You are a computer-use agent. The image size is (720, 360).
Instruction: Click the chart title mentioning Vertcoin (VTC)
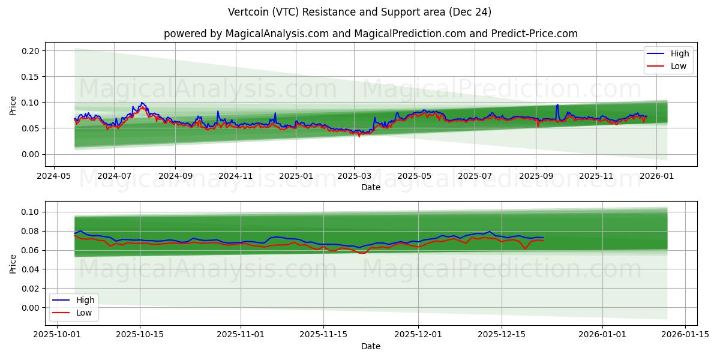360,12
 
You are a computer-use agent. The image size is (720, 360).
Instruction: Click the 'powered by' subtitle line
371,34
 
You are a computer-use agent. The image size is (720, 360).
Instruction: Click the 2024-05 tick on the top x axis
55,177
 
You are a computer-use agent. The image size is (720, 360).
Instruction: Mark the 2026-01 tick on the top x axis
656,177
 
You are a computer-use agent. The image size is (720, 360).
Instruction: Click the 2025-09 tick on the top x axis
536,177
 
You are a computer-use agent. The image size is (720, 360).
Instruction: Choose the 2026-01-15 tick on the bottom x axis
684,333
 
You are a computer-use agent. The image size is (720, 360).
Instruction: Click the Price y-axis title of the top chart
13,106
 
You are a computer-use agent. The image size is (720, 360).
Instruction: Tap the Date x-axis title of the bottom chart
371,346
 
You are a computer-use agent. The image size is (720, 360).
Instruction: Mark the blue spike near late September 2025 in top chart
557,106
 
